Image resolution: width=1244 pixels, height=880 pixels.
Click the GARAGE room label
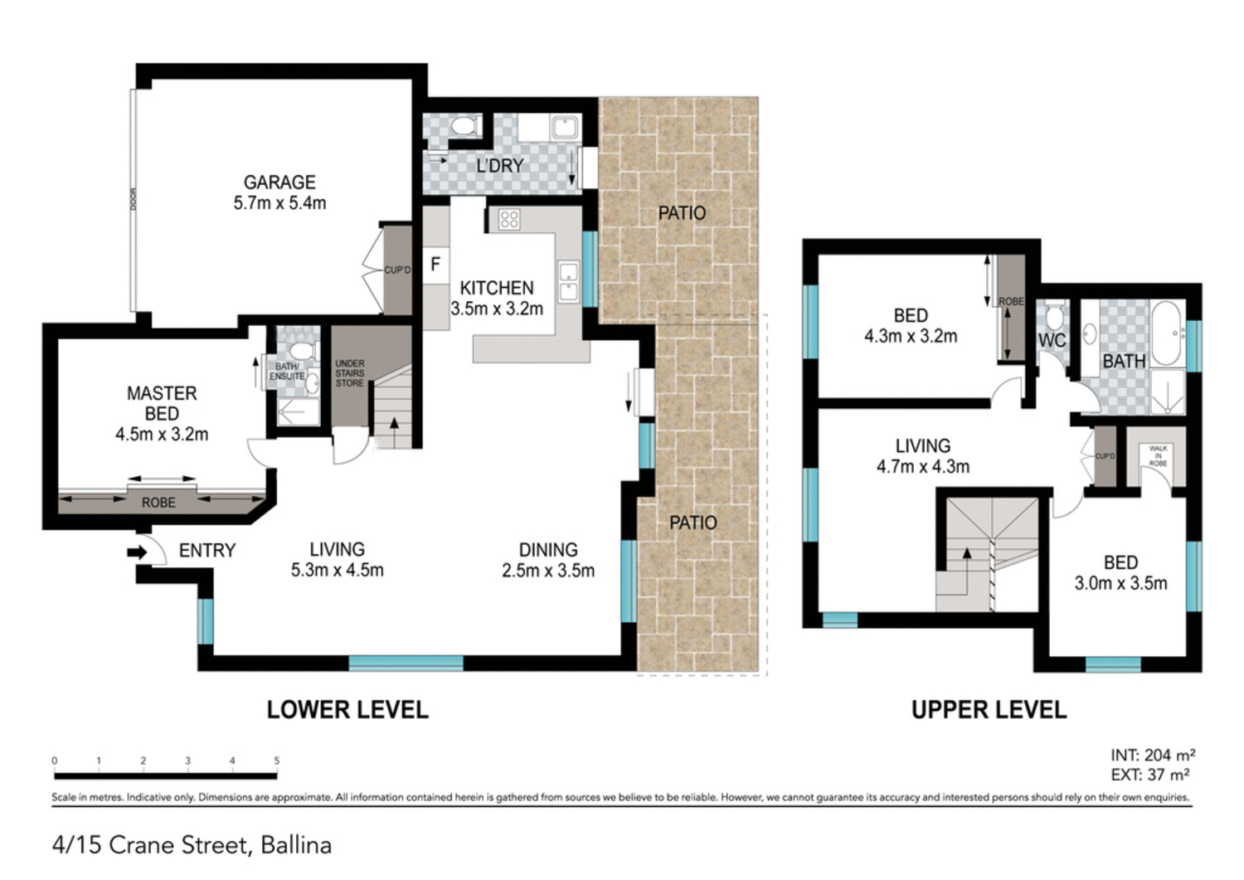tap(279, 182)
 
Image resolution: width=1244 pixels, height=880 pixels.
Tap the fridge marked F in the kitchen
tap(435, 264)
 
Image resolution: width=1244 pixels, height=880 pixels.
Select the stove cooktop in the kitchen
tap(508, 219)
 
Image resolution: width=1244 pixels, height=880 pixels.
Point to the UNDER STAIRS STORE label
tap(349, 373)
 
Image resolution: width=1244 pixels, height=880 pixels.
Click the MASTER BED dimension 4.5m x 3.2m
tap(162, 434)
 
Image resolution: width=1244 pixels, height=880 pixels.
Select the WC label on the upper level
tap(1052, 341)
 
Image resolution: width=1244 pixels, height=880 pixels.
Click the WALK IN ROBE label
tap(1158, 455)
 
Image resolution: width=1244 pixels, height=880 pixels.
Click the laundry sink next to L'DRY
tap(565, 127)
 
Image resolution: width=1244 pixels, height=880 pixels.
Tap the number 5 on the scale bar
tap(277, 761)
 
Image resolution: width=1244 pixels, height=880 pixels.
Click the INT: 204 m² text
tap(1153, 755)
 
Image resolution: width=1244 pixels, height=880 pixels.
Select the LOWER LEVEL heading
tap(347, 710)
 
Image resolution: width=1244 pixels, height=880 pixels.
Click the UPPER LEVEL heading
tap(989, 710)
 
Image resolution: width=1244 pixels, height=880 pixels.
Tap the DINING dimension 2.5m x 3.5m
tap(548, 571)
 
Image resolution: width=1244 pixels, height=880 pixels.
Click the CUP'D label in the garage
tap(397, 270)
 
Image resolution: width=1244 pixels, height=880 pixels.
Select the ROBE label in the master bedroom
tap(158, 503)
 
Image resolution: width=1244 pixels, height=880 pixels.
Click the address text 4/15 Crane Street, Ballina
tap(192, 845)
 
